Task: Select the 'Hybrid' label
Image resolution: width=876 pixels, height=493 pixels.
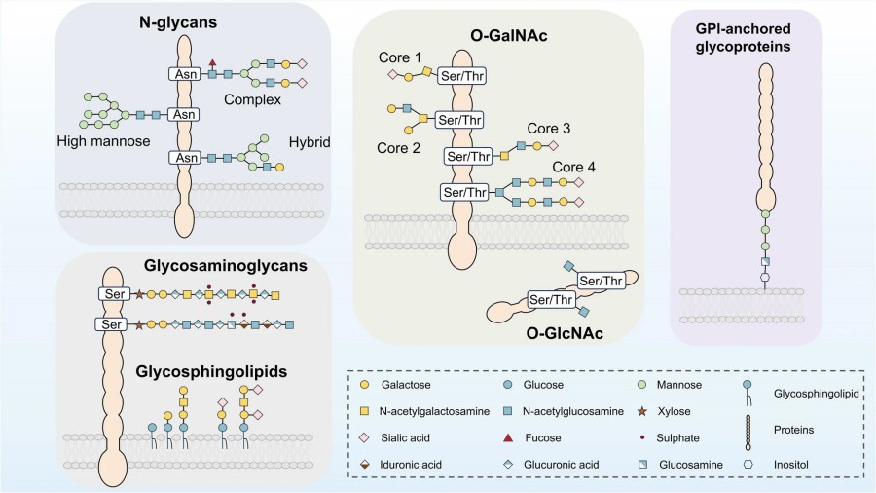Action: tap(310, 142)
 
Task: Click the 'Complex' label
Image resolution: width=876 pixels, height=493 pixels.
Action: tap(252, 99)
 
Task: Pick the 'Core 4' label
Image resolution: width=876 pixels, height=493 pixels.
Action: tap(573, 166)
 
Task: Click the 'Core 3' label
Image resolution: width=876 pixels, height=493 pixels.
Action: tap(547, 129)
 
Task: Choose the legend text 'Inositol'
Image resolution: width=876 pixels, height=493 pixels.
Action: tap(786, 465)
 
